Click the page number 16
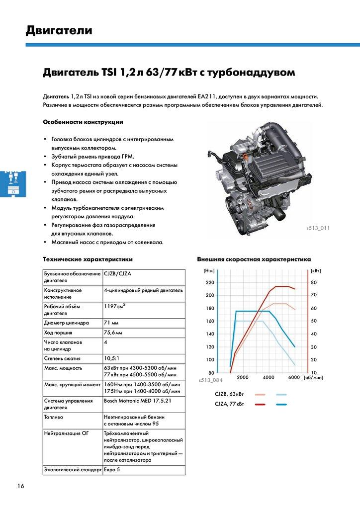click(20, 486)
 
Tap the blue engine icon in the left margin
click(11, 183)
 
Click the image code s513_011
click(318, 228)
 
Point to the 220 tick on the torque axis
click(209, 282)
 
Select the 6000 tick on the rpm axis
click(293, 377)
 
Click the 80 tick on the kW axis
click(314, 282)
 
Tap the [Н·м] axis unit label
click(209, 270)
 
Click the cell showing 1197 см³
click(115, 306)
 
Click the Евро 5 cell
click(112, 469)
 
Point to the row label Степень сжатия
click(62, 358)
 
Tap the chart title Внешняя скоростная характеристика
click(254, 259)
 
